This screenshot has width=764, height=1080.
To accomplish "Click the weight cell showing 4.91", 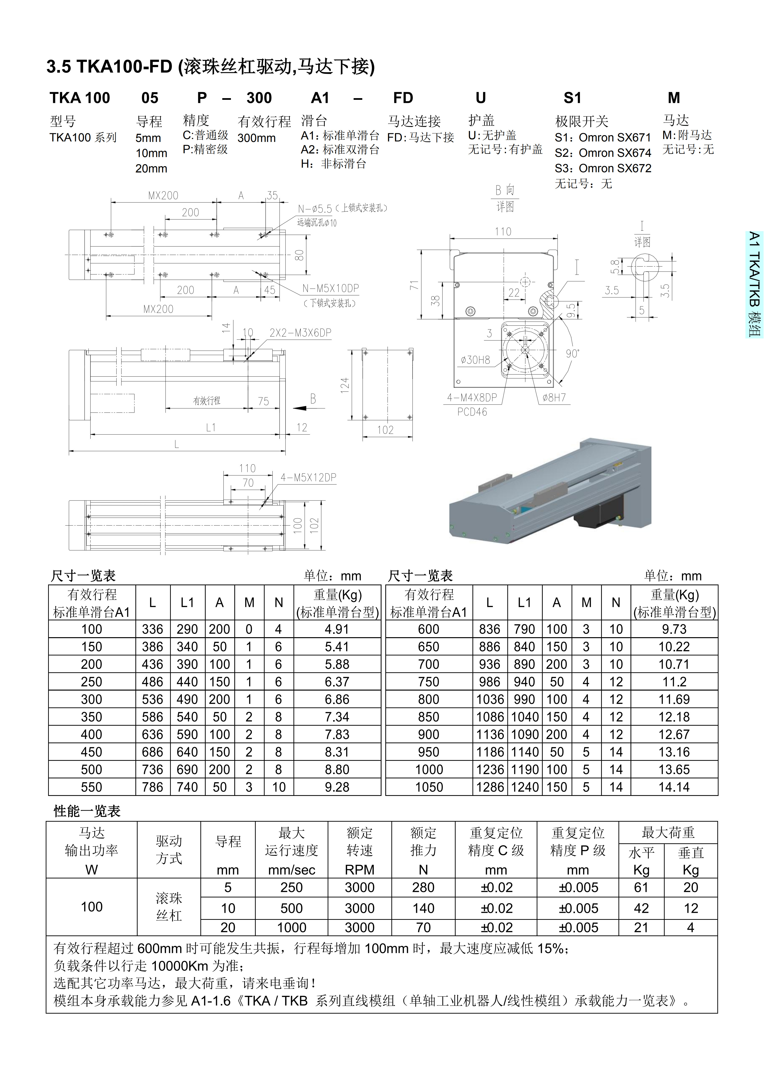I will coord(337,629).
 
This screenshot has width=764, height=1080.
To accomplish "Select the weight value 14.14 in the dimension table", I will coord(674,787).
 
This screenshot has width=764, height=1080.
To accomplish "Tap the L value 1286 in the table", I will coord(490,787).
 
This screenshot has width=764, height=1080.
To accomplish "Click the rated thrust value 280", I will coord(423,888).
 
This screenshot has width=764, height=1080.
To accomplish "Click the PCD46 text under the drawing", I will coord(472,412).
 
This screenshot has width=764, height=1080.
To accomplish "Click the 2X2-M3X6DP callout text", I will coord(300,333).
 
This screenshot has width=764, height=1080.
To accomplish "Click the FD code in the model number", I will coord(403,98).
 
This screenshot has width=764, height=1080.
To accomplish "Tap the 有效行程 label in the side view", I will coord(207,401).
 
